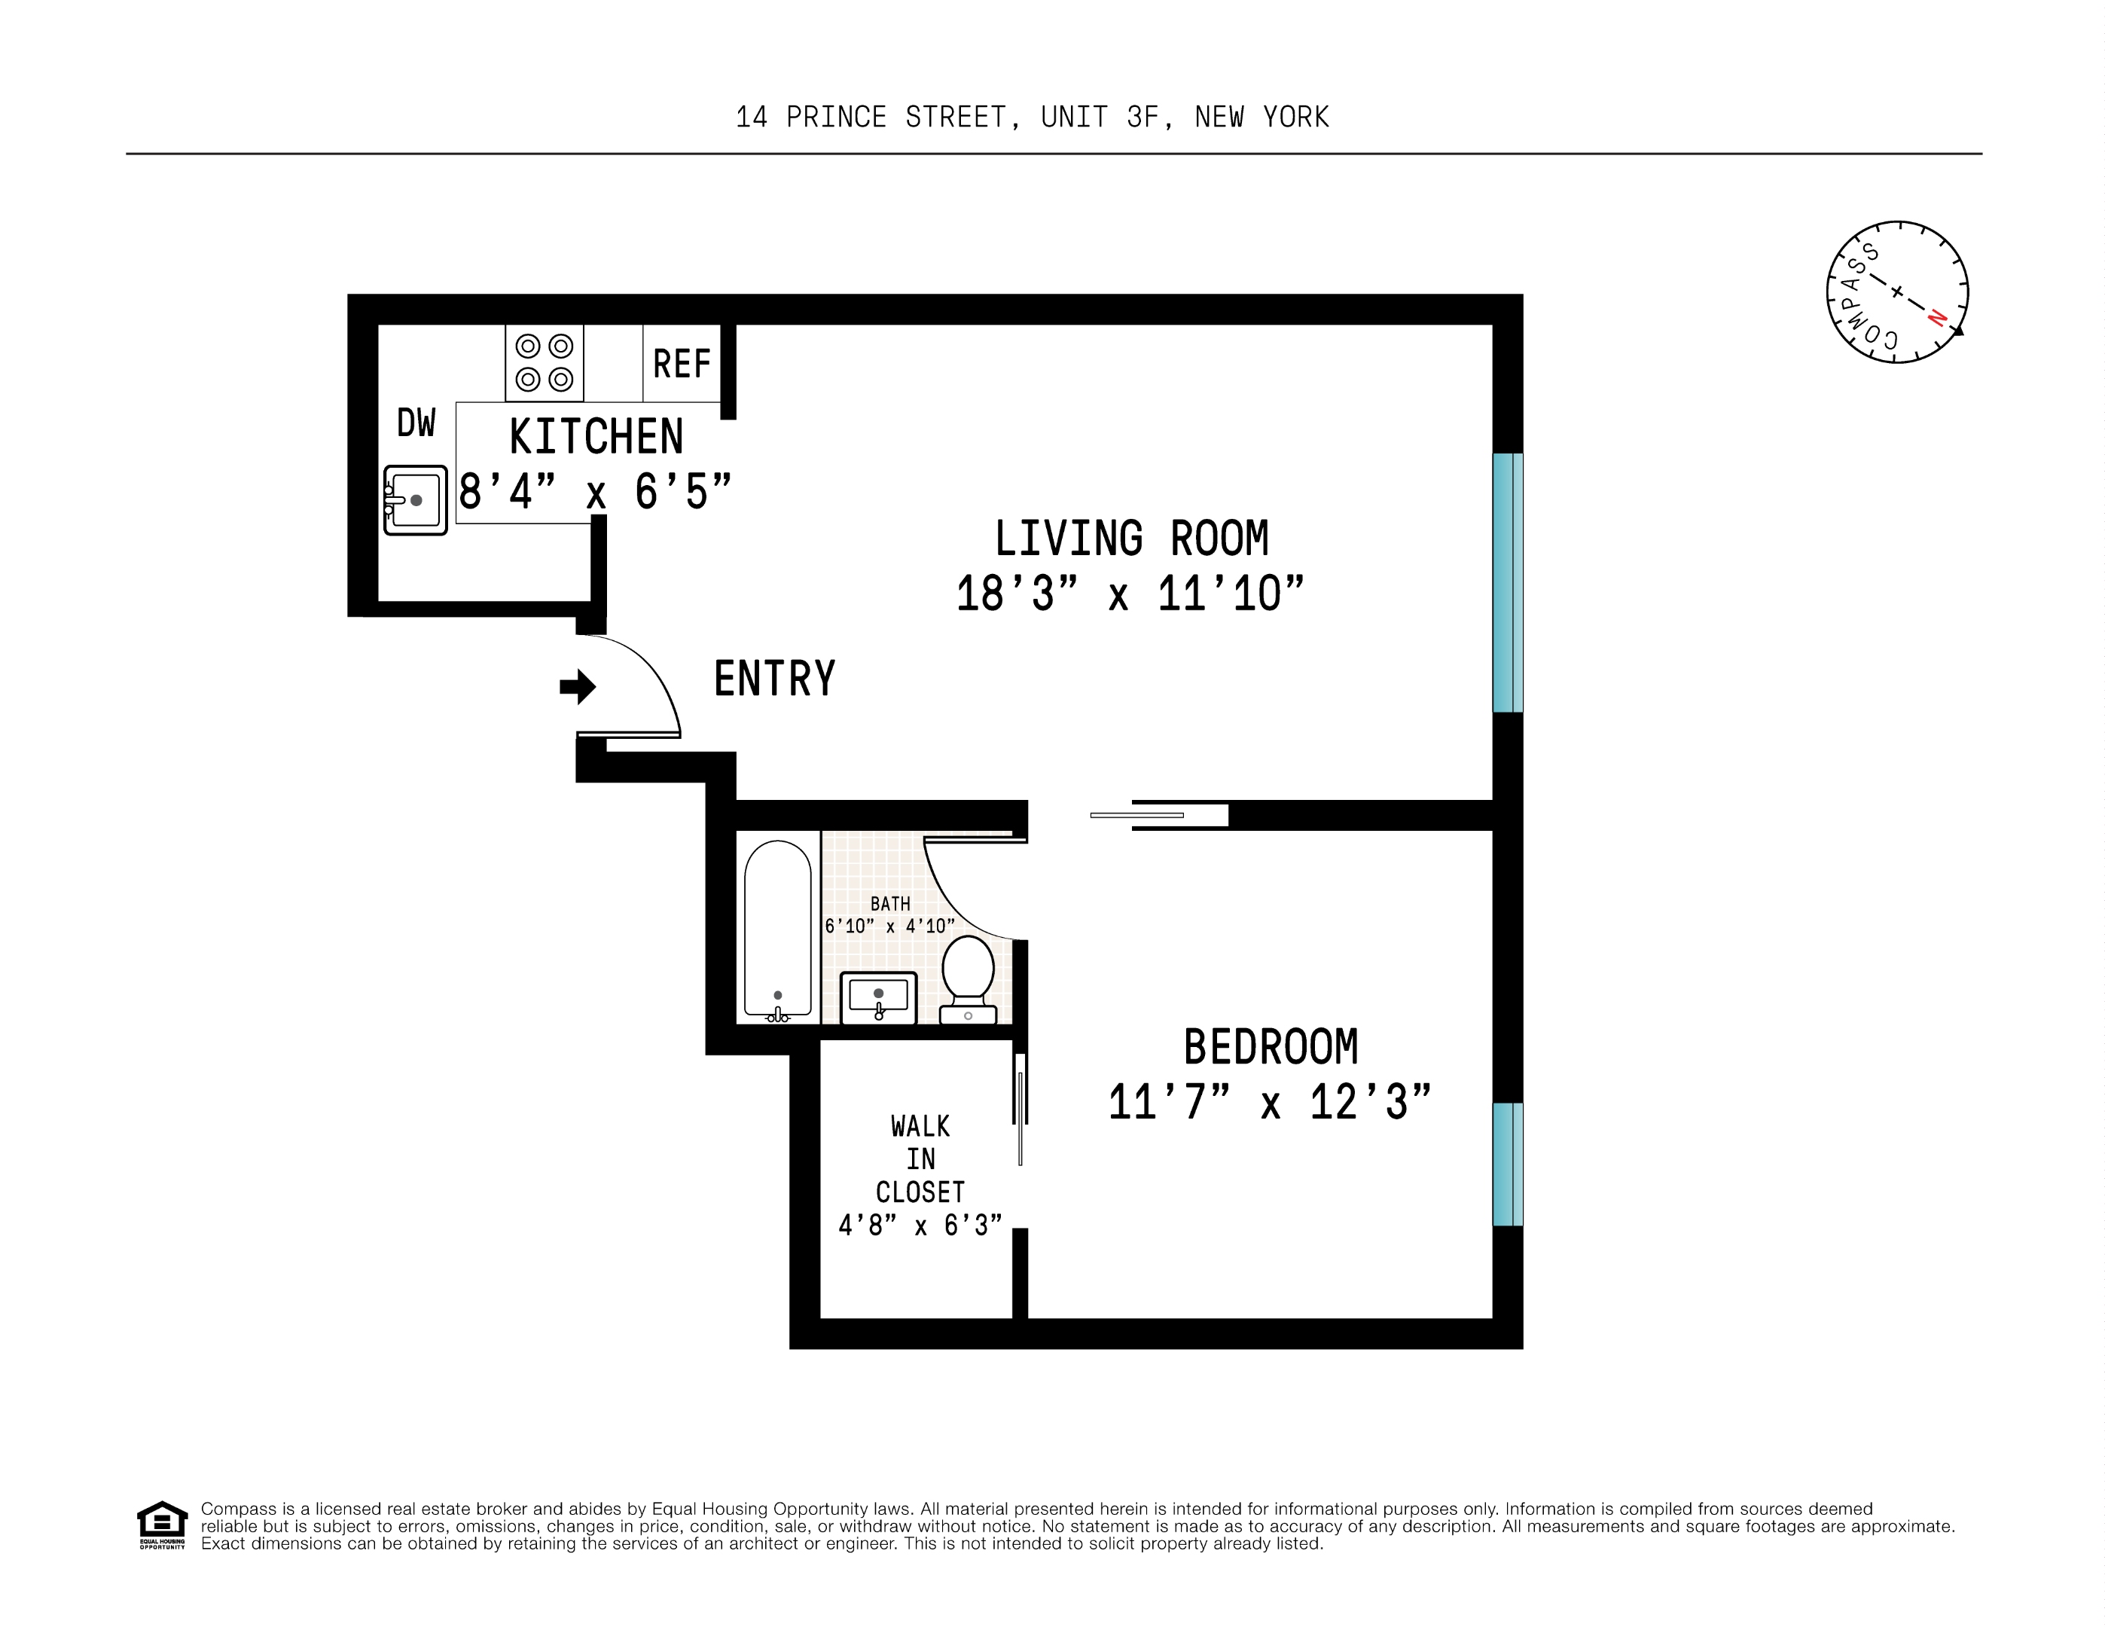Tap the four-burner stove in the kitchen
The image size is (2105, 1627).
pos(545,362)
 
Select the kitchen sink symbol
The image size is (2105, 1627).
pos(416,500)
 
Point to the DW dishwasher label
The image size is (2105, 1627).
pos(416,423)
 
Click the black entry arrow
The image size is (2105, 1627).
pos(578,686)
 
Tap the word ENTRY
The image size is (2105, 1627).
pos(774,679)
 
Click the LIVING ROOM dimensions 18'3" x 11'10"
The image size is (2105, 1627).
pos(1130,594)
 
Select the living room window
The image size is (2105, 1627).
pos(1508,582)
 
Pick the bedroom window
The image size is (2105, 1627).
pos(1508,1165)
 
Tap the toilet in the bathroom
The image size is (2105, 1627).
pos(968,975)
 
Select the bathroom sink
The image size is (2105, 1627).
pos(878,997)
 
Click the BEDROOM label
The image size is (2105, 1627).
pos(1271,1047)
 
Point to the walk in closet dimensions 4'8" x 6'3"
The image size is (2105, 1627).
pos(920,1225)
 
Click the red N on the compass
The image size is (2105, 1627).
pos(1936,318)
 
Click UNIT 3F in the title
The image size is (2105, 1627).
pos(1107,118)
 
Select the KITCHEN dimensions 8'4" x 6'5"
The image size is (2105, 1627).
pos(595,493)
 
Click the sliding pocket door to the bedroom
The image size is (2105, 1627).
pos(1137,816)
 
